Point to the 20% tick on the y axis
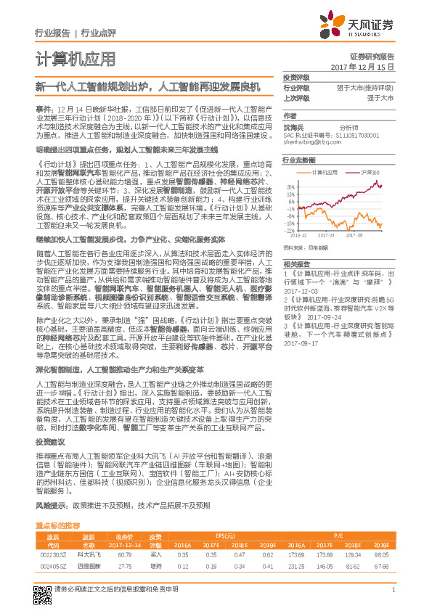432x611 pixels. (x=290, y=186)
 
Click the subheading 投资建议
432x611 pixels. (x=50, y=441)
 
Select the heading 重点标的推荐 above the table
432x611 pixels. (x=57, y=525)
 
